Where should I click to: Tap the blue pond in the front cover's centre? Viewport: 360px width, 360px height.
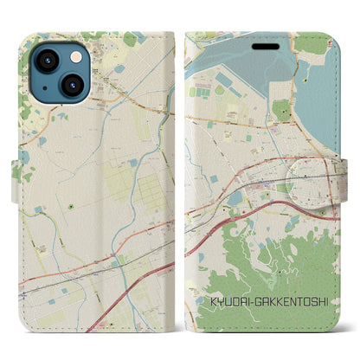pos(236,197)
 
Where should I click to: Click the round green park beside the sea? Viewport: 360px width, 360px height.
pos(280,109)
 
